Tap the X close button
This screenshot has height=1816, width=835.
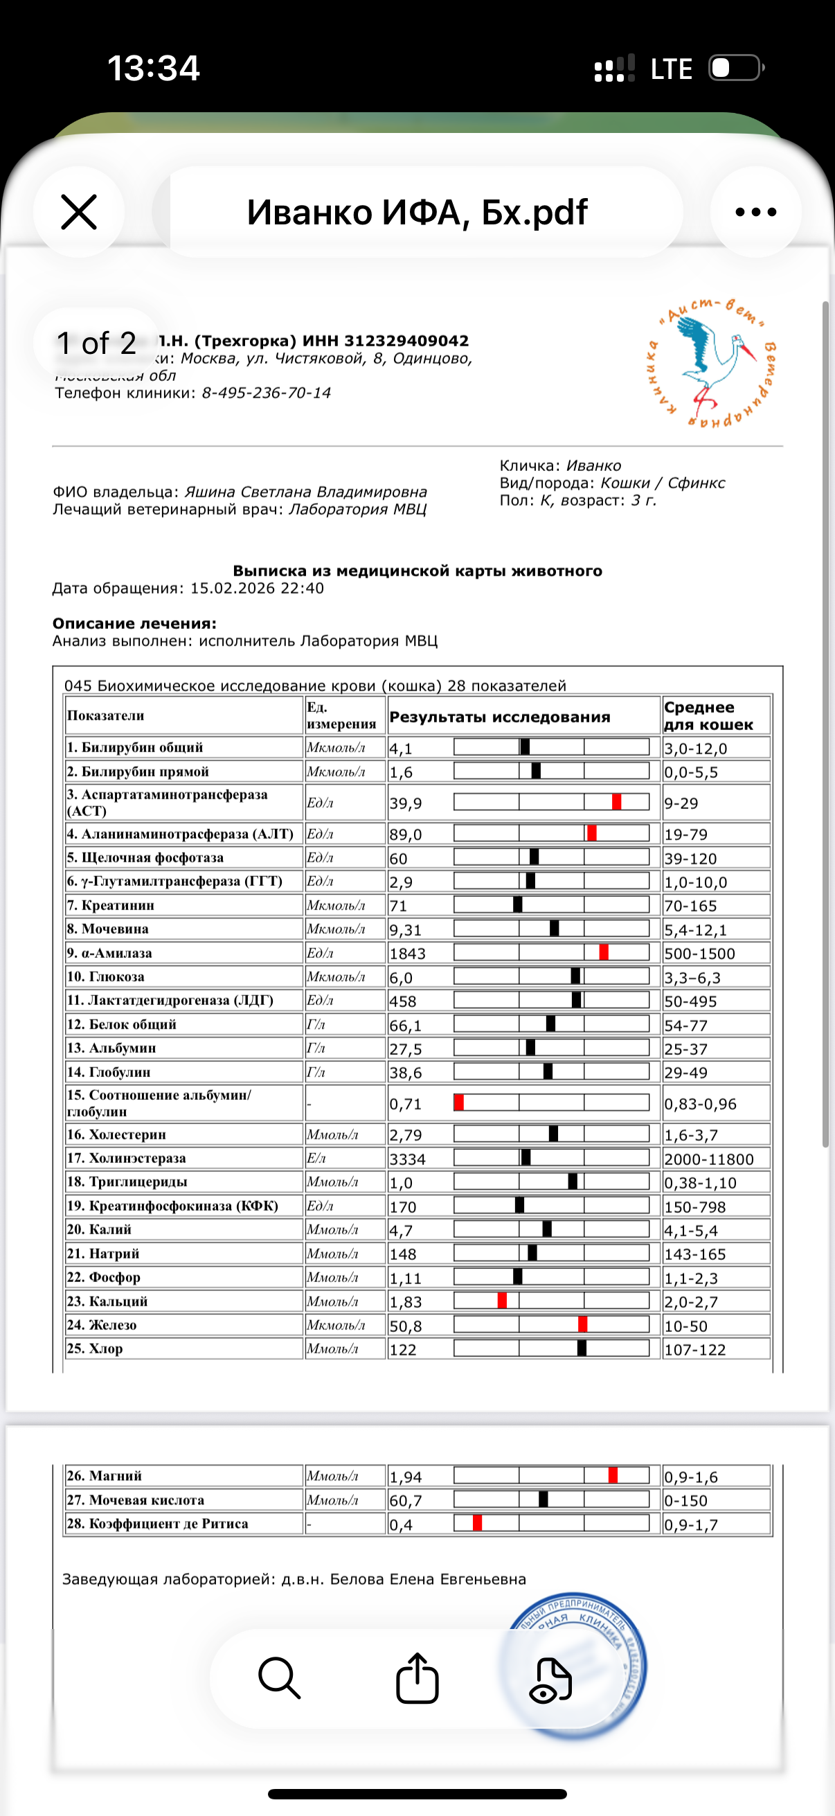click(x=79, y=212)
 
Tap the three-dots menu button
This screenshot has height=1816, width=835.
click(x=755, y=212)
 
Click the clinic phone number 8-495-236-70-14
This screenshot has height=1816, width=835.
click(x=266, y=393)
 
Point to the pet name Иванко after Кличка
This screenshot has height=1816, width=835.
click(x=594, y=466)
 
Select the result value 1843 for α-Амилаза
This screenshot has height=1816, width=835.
click(x=408, y=954)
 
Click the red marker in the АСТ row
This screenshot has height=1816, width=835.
click(x=617, y=802)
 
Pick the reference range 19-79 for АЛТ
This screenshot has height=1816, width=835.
click(x=686, y=835)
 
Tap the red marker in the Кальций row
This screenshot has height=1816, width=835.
click(x=503, y=1301)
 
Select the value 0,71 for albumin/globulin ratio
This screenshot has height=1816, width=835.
click(x=406, y=1105)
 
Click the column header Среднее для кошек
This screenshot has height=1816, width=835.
click(x=708, y=716)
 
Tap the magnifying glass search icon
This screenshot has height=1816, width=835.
click(x=280, y=1679)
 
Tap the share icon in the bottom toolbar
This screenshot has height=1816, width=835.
click(x=417, y=1679)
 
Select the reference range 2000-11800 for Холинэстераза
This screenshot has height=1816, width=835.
click(x=709, y=1159)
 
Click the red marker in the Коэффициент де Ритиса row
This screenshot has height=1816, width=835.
click(x=477, y=1524)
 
